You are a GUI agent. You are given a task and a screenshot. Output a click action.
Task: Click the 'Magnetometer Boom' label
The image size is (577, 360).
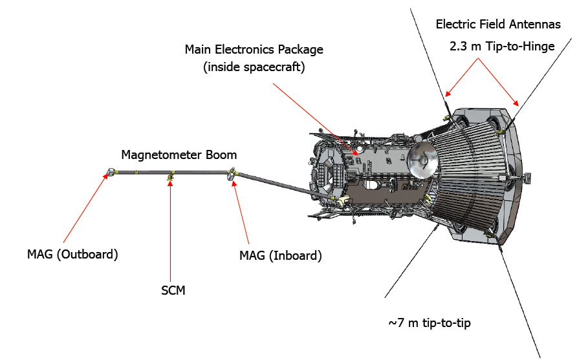pos(179,155)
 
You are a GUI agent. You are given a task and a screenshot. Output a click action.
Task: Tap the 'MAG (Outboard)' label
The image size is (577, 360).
pos(72,254)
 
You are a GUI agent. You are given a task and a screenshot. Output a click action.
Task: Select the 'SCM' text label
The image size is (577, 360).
pos(173,290)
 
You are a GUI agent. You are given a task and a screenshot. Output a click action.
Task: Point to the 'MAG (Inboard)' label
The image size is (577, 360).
pos(280,255)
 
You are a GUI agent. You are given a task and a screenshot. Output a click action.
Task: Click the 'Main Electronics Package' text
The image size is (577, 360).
pos(254,49)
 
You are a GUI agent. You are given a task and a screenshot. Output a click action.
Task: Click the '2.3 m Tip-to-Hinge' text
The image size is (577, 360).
pos(502,47)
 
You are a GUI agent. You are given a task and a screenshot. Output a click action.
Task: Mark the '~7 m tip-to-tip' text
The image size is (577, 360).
pos(429,322)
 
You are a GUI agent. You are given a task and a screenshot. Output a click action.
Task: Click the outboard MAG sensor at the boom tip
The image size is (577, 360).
pos(110,173)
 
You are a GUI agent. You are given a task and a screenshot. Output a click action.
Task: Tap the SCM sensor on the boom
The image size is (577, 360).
pos(171,176)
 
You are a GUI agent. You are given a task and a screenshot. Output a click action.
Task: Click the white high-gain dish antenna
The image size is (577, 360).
pos(421,158)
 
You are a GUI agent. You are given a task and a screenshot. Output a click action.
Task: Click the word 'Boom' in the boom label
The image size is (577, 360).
pos(222,155)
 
